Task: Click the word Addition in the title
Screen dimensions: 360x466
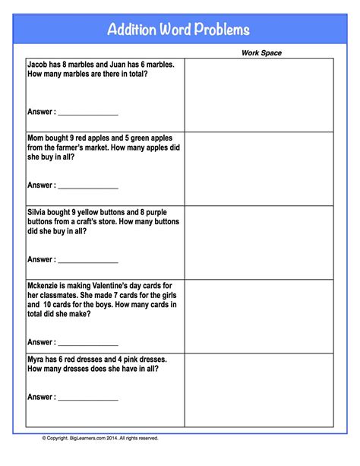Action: (x=131, y=30)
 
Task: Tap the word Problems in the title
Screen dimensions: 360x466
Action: (x=220, y=30)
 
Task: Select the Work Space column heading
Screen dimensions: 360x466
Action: (x=261, y=53)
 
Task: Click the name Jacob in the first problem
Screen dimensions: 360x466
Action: (x=39, y=65)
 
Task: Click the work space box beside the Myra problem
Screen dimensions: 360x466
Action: (x=258, y=390)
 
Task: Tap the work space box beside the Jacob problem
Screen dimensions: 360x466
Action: (x=258, y=95)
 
